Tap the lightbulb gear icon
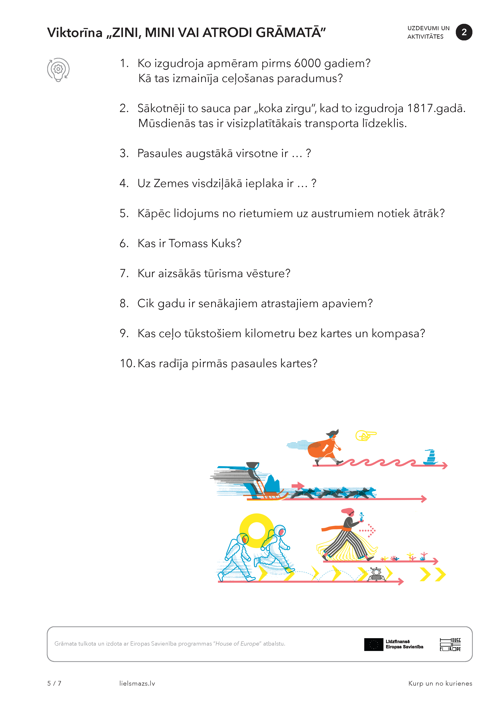click(58, 70)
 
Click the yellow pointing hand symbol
click(366, 435)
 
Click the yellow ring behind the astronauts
click(256, 531)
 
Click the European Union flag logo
click(373, 645)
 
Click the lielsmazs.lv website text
click(137, 683)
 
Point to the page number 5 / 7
click(54, 683)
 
